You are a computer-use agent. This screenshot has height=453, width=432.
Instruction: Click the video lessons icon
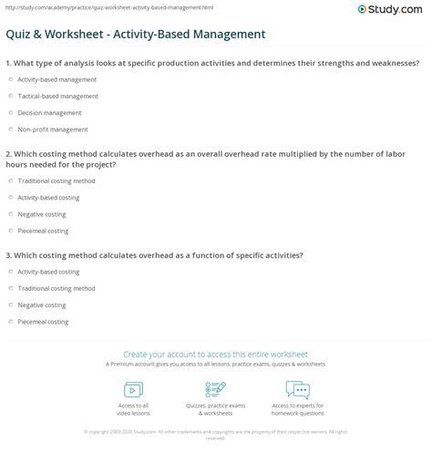pyautogui.click(x=133, y=390)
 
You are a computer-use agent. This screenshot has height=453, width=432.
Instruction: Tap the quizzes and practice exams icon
pyautogui.click(x=215, y=390)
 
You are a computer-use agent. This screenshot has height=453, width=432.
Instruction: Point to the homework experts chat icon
pyautogui.click(x=297, y=390)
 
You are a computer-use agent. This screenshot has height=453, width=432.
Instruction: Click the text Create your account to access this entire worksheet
pyautogui.click(x=216, y=354)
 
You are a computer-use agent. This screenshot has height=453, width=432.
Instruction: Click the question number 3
pyautogui.click(x=7, y=255)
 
